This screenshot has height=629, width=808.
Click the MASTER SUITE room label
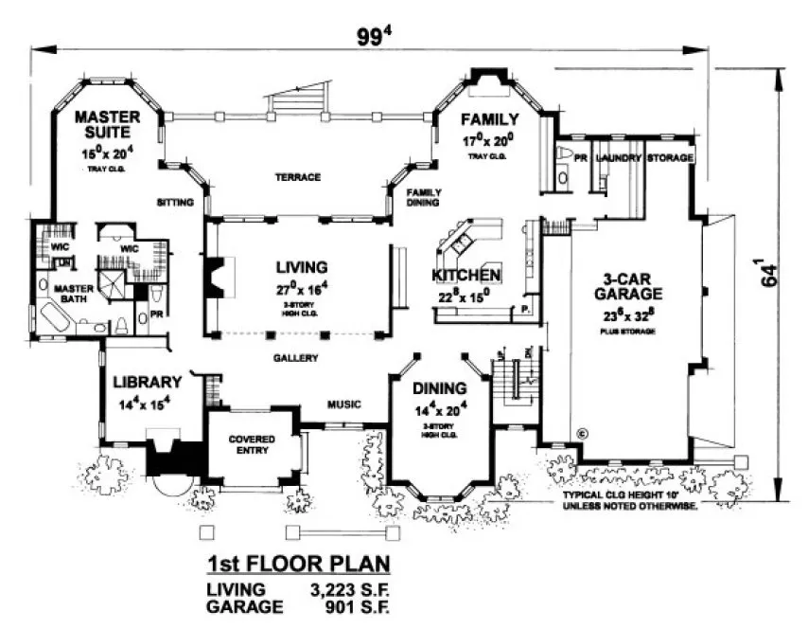tap(108, 125)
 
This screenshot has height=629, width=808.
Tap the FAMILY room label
tap(489, 119)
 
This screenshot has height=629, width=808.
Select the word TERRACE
tap(298, 177)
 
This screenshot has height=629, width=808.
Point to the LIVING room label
tap(302, 267)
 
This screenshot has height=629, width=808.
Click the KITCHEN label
tap(465, 276)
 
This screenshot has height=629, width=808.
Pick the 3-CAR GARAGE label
tap(636, 289)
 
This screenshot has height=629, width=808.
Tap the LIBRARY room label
tap(147, 382)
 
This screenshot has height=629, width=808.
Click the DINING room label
tap(439, 388)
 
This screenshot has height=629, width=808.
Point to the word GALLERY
tap(295, 358)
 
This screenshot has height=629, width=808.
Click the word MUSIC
tap(343, 404)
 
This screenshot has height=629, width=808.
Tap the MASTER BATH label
tap(71, 296)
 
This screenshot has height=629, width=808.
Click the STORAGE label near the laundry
tap(671, 157)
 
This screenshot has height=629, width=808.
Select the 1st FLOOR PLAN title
tap(298, 566)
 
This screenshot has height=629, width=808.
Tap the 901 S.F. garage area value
tap(347, 607)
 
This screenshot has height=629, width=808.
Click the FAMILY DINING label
tap(424, 196)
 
